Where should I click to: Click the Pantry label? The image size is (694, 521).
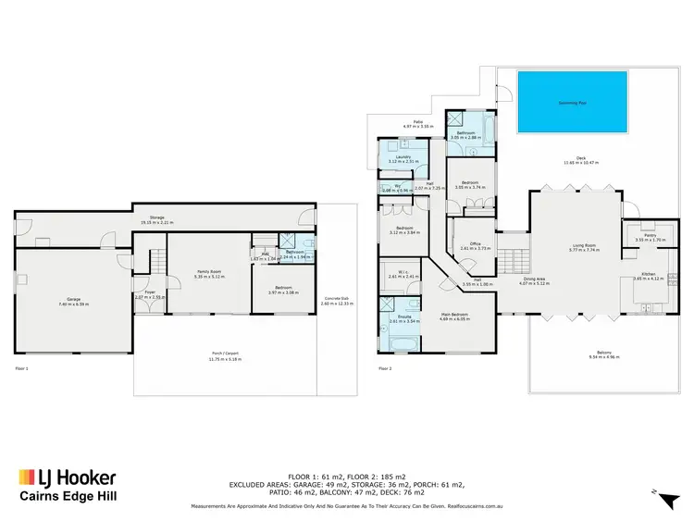637,236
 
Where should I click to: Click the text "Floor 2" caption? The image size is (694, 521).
386,368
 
